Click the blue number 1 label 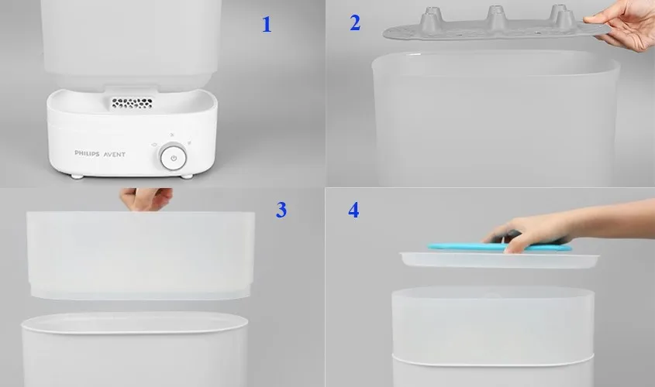(x=267, y=25)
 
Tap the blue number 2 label (x=355, y=23)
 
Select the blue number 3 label (x=281, y=209)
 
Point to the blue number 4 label (x=354, y=210)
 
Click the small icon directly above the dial (x=174, y=137)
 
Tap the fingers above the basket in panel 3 (x=145, y=199)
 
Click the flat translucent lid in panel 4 (x=496, y=260)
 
